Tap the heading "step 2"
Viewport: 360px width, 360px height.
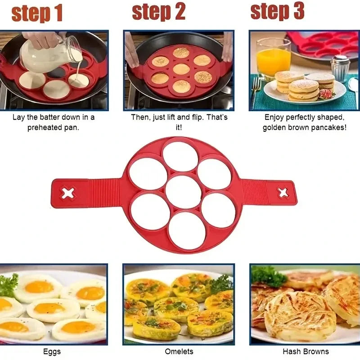pos(158,12)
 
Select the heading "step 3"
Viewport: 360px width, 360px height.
pos(278,11)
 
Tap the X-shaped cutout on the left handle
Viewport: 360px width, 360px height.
pos(68,193)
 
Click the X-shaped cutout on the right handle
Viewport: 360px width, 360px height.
pos(283,193)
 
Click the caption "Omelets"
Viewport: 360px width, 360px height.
pos(179,351)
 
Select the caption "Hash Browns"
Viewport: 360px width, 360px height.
pos(306,351)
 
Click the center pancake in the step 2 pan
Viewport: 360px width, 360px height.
pos(181,69)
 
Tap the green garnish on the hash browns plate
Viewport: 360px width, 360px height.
pos(269,275)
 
